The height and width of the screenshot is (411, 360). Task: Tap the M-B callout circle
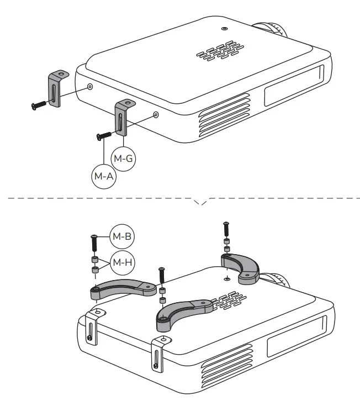click(x=121, y=236)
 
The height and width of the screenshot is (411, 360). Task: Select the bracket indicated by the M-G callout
click(x=122, y=117)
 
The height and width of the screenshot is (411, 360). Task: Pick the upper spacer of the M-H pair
click(x=94, y=259)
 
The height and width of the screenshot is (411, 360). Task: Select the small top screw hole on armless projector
click(x=223, y=28)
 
